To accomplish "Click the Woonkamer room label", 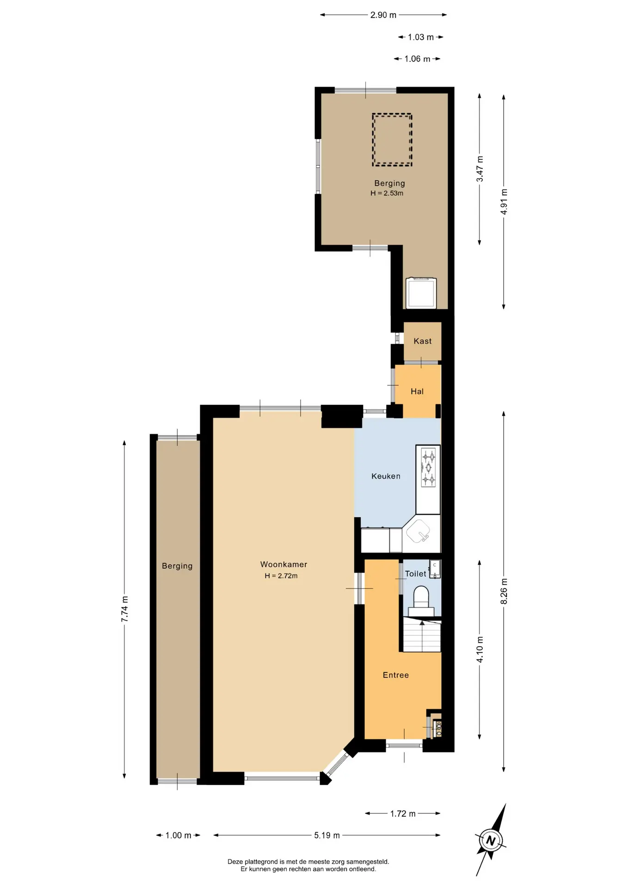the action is pos(283,564).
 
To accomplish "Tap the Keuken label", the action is pos(386,476).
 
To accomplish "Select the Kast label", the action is pos(422,341).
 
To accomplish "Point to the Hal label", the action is pos(417,391).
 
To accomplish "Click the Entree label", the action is pos(395,675).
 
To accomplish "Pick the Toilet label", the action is pos(415,573).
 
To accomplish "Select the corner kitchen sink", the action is pos(420,531).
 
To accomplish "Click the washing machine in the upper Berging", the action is pos(421,292).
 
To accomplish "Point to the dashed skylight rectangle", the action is pos(392,140).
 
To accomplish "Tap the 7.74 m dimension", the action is pos(125,609).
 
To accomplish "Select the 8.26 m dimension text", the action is pos(504,591).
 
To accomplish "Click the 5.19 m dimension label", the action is pos(327,835).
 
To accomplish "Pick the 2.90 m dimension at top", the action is pos(383,15).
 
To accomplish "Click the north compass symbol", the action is pos(491,840).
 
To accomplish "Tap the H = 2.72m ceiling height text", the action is pos(281,576).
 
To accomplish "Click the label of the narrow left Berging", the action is pos(177,566).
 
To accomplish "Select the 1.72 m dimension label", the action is pos(402,814).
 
